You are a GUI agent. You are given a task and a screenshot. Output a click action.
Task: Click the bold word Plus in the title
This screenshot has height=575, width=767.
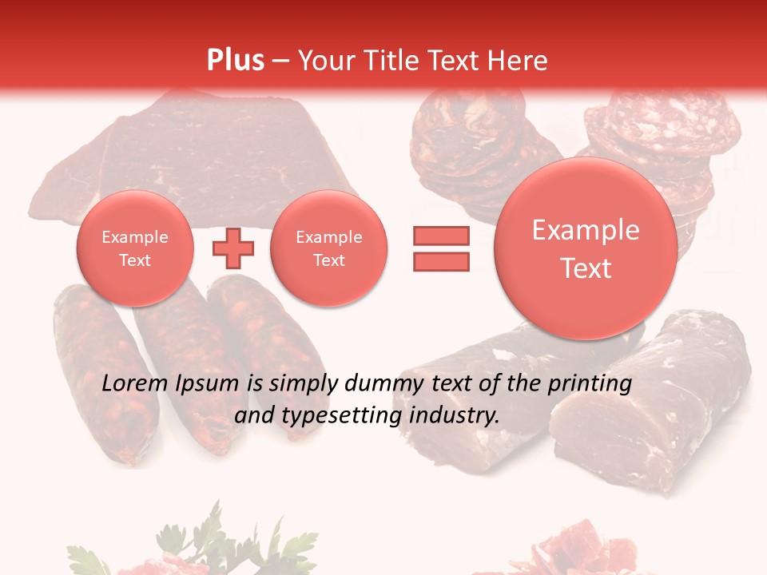pos(236,60)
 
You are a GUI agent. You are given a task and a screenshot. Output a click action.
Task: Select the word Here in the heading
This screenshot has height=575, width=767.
pos(519,60)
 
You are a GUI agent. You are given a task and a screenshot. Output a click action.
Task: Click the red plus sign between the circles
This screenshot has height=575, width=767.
pos(233,248)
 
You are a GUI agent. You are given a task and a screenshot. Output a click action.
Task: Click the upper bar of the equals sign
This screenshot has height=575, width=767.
pos(441,236)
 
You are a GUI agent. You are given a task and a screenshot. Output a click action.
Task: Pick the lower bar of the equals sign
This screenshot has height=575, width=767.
pos(441,261)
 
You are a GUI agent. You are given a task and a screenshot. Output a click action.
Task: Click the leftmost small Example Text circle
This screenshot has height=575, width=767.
pos(135,248)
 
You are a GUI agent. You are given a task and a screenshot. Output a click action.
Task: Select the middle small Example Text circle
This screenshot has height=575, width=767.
pos(328,248)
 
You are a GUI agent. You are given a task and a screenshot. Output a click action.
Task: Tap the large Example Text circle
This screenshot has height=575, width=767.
pos(586,248)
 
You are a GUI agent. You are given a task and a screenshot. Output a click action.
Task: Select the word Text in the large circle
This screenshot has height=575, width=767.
pos(586,268)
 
